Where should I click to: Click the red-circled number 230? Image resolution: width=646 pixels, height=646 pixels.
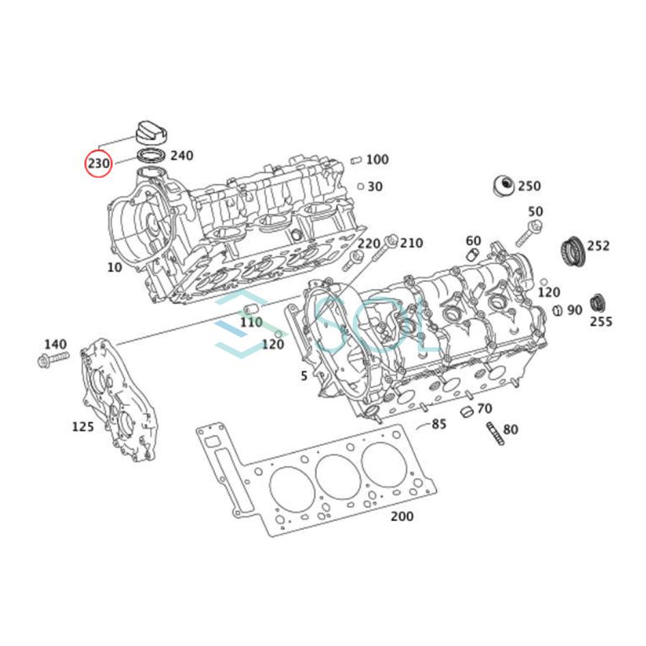pos(98,164)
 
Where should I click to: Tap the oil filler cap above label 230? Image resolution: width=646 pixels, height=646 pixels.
pos(149,132)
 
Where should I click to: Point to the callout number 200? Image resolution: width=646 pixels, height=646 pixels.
pos(401,516)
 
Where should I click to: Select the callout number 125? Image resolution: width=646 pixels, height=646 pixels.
pos(83,426)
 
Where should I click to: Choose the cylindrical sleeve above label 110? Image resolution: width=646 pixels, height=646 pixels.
pos(252,310)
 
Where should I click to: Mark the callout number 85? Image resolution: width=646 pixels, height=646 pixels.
pos(439,424)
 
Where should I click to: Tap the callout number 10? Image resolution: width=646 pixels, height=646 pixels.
pos(114,268)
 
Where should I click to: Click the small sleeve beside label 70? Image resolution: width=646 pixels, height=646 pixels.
pos(466,411)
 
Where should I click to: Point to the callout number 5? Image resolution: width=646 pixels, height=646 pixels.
pos(304,375)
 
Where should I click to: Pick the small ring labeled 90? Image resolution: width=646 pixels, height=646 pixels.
pos(556,310)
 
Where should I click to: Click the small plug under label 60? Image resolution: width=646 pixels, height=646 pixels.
pos(472,255)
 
